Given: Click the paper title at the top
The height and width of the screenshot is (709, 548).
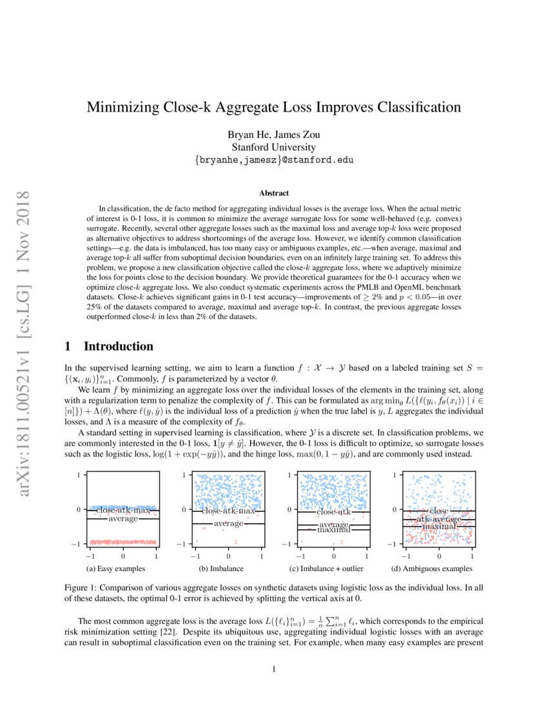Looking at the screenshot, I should [274, 107].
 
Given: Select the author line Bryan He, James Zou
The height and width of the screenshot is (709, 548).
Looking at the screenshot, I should [274, 135].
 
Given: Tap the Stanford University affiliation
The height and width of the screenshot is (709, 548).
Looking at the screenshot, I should [274, 147].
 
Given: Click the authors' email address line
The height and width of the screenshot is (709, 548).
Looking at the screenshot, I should [274, 159].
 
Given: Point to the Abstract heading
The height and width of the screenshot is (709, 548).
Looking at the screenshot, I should [274, 193].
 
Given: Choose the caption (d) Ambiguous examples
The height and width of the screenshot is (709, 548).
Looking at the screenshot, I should [433, 568].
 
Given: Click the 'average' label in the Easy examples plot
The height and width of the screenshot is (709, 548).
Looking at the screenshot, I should [122, 518].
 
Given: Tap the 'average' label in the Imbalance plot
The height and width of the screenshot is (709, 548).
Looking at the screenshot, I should [228, 523].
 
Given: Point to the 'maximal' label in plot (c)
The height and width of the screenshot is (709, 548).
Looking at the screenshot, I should [333, 529].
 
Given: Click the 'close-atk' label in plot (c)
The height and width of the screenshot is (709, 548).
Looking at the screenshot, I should [333, 512].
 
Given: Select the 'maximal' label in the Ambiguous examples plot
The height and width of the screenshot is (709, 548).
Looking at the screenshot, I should [439, 527].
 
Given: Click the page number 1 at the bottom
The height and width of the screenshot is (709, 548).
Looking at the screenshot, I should [274, 669].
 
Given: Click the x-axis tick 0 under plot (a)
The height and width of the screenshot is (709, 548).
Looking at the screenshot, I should [122, 556].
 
